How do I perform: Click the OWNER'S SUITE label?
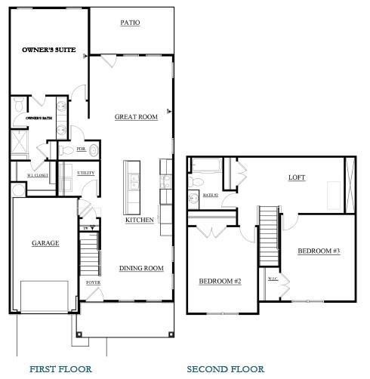tap(46, 49)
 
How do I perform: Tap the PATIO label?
tap(131, 23)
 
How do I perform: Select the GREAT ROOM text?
tap(136, 117)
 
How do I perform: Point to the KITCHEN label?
tap(140, 220)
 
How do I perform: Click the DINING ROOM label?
tap(141, 268)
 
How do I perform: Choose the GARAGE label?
tap(45, 243)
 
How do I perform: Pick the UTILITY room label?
tap(86, 173)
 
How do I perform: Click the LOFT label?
tap(298, 178)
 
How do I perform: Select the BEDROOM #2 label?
tap(220, 282)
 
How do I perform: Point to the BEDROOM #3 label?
tap(318, 251)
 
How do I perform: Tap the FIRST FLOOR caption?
tap(60, 369)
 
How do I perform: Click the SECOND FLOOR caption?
tap(225, 369)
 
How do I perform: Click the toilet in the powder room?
tap(91, 149)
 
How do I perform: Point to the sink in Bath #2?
tap(194, 199)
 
